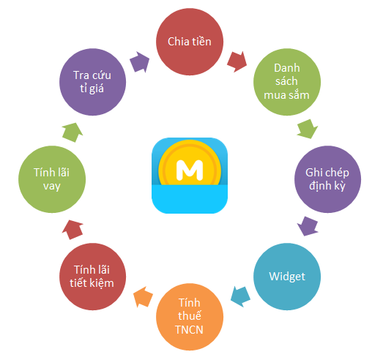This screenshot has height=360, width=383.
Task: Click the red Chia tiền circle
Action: (x=190, y=42)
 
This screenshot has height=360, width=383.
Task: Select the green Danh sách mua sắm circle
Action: (x=287, y=82)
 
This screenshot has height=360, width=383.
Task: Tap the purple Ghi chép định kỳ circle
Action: (x=327, y=179)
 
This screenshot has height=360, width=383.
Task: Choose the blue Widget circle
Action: (x=287, y=277)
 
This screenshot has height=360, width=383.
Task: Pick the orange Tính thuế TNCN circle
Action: (x=190, y=317)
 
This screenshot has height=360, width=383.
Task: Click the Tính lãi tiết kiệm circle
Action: (x=92, y=277)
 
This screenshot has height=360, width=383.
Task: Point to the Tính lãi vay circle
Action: (x=52, y=179)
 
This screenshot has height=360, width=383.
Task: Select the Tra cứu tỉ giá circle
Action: (x=92, y=82)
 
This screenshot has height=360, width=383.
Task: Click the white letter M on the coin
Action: (x=190, y=170)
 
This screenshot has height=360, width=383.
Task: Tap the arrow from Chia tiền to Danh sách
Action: (x=237, y=62)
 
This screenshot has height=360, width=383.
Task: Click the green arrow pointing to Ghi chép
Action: (x=308, y=129)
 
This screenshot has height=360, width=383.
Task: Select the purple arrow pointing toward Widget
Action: (x=308, y=226)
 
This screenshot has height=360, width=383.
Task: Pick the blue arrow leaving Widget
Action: (x=241, y=296)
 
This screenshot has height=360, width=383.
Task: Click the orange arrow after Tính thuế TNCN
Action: (x=143, y=296)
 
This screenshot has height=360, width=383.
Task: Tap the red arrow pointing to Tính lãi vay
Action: (x=72, y=230)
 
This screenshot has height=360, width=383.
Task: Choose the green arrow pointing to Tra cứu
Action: (x=72, y=132)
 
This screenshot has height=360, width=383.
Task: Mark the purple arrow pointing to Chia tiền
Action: (x=139, y=62)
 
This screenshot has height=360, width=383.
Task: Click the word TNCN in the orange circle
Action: (x=189, y=330)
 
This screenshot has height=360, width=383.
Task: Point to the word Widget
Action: (x=287, y=277)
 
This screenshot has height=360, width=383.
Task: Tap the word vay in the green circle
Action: (x=52, y=187)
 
